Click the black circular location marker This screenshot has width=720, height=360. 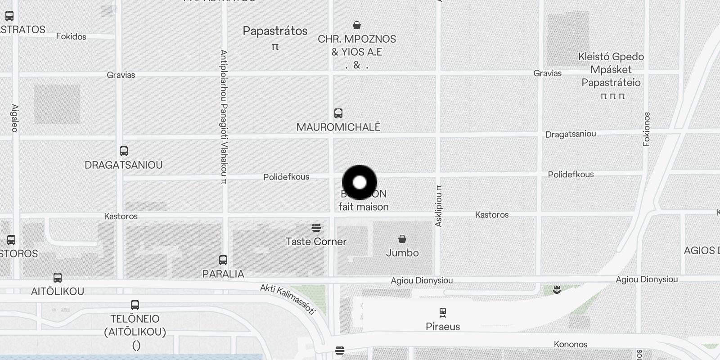pos(360,182)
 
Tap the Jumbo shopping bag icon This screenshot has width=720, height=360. pos(402,238)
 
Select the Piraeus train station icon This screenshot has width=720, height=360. pos(443,312)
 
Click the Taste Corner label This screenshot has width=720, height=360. pos(316,242)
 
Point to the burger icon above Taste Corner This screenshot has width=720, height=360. pos(316,228)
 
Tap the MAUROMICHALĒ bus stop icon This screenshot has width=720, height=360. pos(338,113)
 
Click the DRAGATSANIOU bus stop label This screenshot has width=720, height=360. pos(124,165)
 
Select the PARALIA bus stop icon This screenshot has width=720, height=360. pos(223,260)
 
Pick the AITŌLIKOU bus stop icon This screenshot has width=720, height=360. pos(58,277)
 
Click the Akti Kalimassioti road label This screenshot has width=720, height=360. pos(288,299)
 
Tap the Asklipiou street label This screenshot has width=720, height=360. pos(439,205)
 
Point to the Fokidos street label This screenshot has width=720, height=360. pos(71,36)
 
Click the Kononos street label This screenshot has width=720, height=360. pos(571,344)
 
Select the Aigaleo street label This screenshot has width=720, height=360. pos(15,118)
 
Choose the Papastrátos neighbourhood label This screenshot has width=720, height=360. pos(275,31)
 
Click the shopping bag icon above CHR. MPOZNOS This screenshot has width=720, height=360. pos(357,25)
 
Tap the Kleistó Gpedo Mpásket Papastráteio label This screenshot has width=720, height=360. pos(611,70)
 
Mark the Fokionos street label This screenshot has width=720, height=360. pos(647,129)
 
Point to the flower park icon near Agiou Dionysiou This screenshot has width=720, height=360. pos(557,290)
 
